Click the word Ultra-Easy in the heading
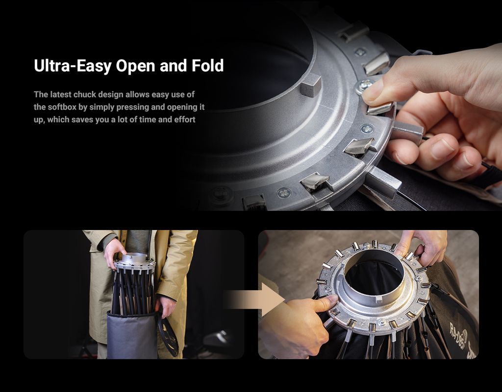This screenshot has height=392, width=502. (73, 66)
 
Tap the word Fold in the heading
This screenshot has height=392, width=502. (207, 65)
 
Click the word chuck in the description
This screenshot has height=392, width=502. (84, 94)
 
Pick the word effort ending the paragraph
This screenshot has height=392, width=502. (185, 119)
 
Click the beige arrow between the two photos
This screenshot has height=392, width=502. (254, 300)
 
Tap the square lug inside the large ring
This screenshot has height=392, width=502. (311, 84)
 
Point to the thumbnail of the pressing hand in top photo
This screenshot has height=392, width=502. (372, 92)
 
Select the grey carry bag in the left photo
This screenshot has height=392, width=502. (132, 335)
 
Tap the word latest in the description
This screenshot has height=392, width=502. (61, 94)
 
